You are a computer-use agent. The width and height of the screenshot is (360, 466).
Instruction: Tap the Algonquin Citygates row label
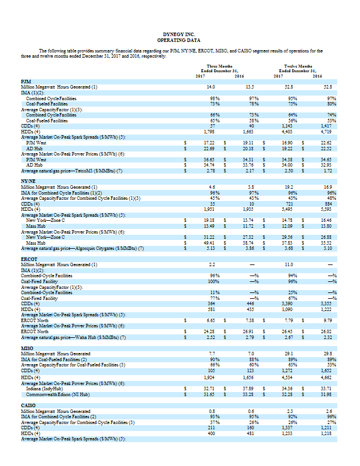[82, 248]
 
